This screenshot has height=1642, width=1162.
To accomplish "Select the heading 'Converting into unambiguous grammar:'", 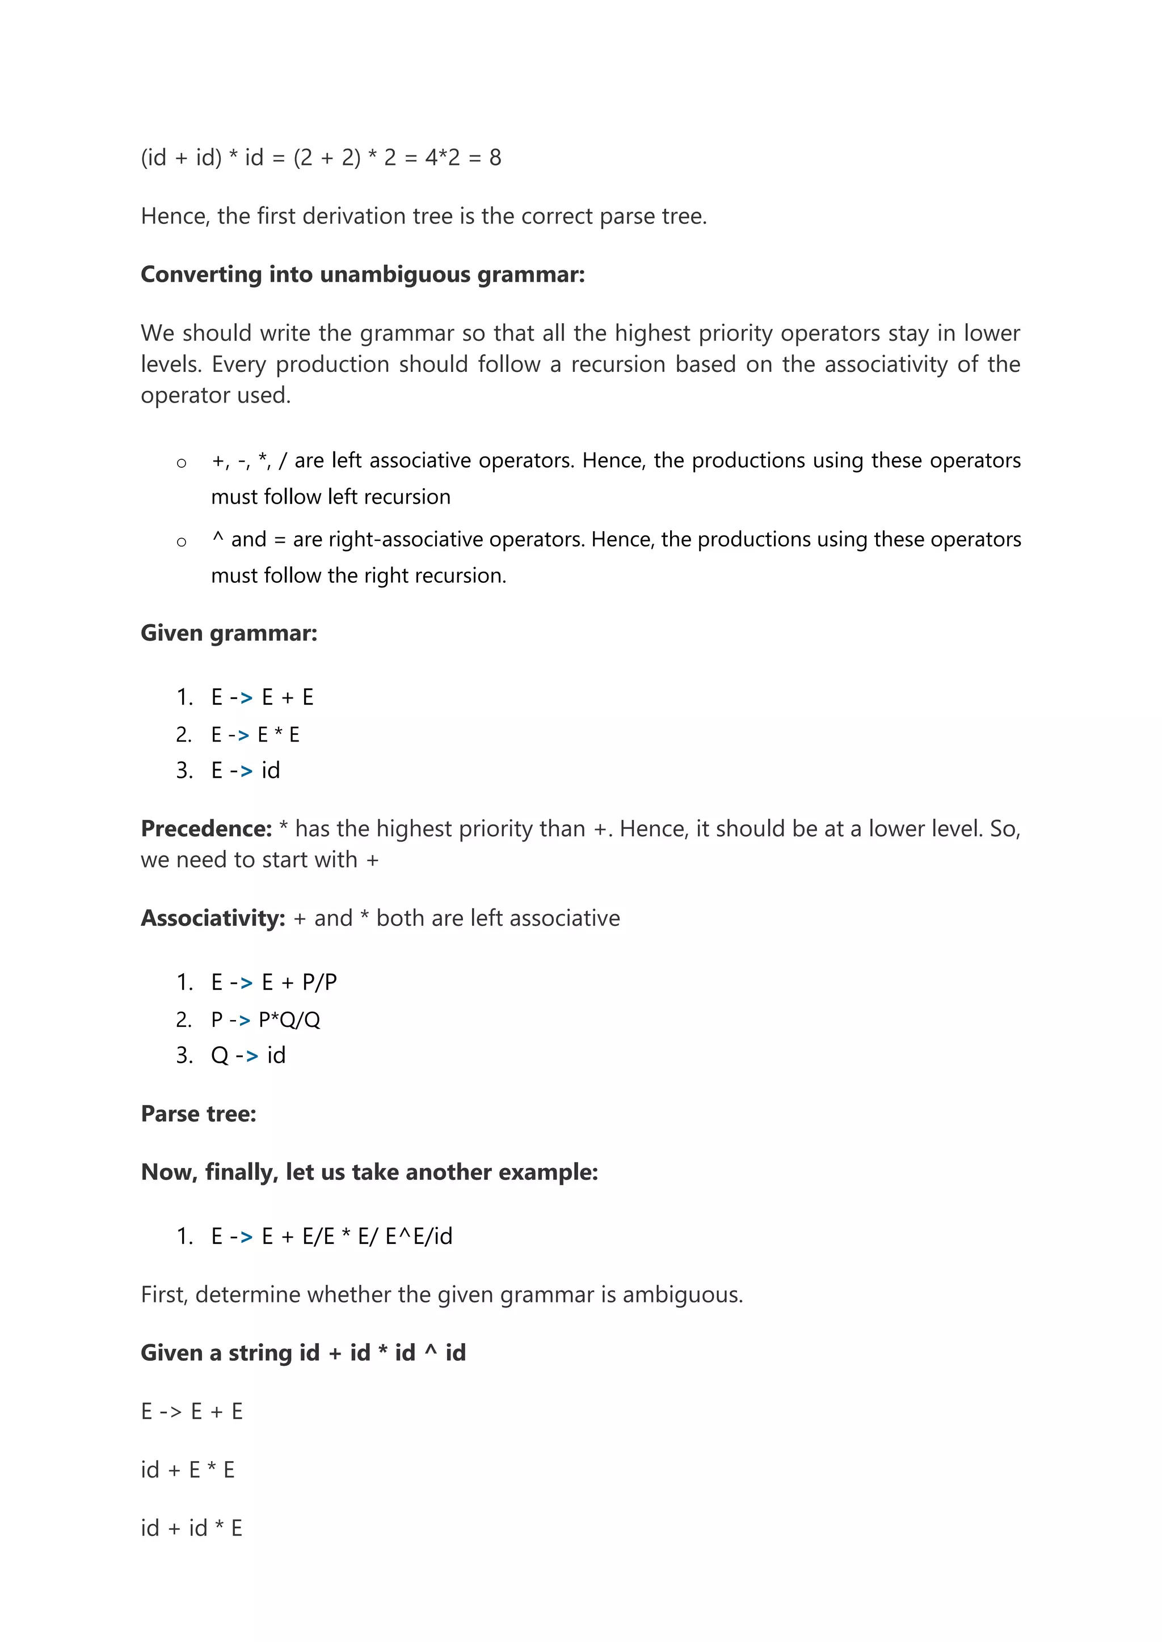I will click(x=363, y=274).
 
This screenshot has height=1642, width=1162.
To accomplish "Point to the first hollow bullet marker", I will click(x=182, y=463).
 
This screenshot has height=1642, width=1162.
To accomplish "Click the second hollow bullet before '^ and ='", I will click(x=182, y=542).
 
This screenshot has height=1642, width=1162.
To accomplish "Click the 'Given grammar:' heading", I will click(x=229, y=633).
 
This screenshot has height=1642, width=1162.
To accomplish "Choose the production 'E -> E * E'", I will click(x=255, y=734).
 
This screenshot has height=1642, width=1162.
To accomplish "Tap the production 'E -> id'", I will click(x=246, y=770).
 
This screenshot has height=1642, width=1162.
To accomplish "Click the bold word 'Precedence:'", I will click(x=206, y=829).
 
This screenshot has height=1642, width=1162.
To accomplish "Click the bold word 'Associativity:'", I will click(x=213, y=919).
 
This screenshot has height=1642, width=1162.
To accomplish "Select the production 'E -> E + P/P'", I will click(x=273, y=983).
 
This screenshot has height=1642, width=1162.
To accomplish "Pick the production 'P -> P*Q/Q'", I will click(x=266, y=1020).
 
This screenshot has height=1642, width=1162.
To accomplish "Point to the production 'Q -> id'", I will click(x=249, y=1056).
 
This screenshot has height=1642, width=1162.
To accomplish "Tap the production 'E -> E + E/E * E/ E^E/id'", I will click(x=331, y=1237).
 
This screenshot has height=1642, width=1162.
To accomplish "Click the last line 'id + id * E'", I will click(x=192, y=1528).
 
